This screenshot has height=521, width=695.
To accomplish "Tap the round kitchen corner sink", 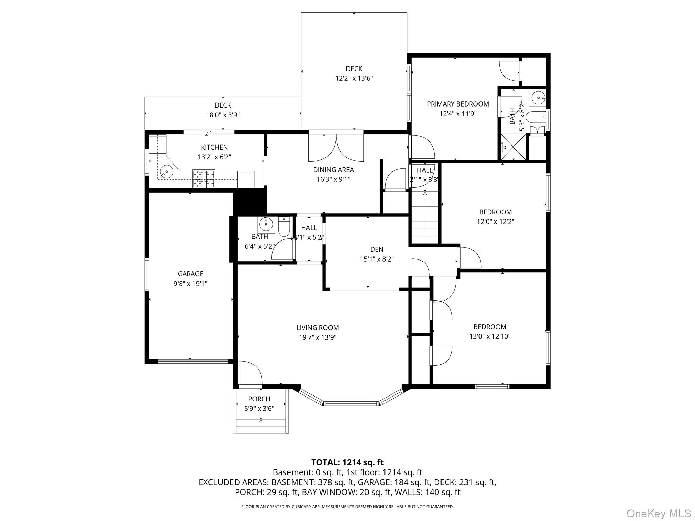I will (166, 172).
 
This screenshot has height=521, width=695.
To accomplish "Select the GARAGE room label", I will (190, 274).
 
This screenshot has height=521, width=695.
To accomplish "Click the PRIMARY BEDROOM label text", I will (458, 104).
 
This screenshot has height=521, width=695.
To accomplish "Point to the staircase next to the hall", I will (425, 217).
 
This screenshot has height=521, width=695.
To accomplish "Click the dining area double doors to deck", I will (336, 148).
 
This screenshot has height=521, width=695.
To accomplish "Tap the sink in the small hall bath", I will (266, 224).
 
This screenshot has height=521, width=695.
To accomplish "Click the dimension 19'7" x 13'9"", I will (317, 337).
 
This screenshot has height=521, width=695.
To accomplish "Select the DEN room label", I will (377, 249).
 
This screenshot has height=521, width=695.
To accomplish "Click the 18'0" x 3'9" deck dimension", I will (223, 115).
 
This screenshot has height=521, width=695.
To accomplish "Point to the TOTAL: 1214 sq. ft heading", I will (347, 462).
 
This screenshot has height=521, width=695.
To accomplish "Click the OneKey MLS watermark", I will (658, 513).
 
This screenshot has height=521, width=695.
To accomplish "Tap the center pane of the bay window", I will (351, 403).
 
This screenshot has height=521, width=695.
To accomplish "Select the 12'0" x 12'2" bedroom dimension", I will (495, 222).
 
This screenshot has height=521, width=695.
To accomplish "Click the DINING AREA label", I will (333, 170).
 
